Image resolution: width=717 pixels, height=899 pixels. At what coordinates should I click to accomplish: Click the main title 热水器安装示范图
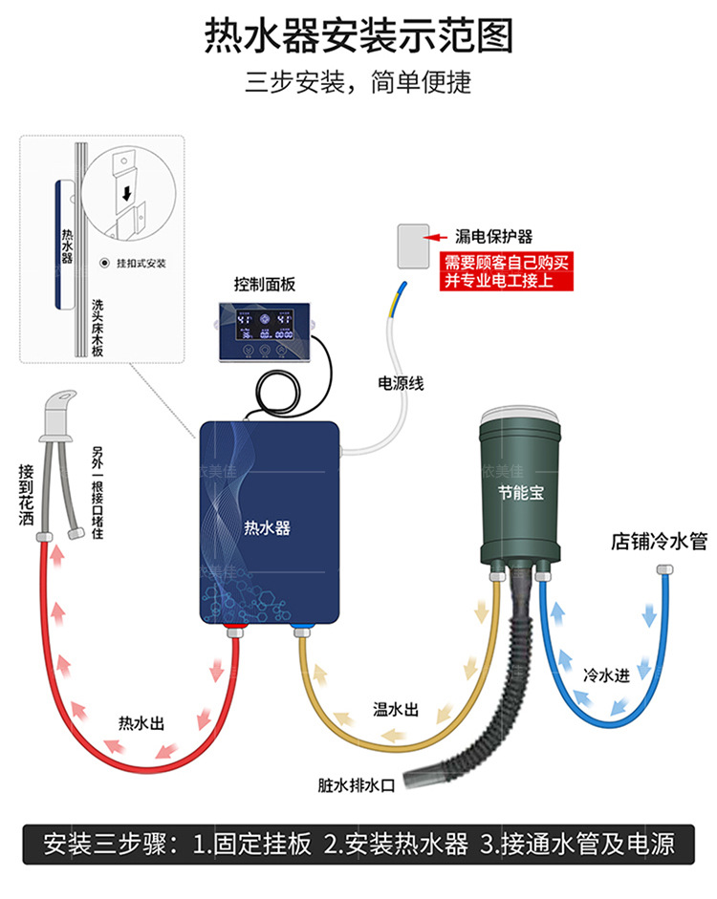[358, 35]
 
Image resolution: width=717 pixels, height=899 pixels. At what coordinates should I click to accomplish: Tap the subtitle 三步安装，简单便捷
[358, 81]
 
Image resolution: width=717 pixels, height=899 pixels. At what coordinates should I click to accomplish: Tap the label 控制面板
[265, 285]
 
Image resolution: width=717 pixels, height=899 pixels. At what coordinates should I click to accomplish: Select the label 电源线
[401, 384]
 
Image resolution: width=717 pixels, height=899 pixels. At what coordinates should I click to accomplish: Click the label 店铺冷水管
[659, 542]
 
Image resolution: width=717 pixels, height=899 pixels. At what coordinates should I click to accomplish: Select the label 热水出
[141, 722]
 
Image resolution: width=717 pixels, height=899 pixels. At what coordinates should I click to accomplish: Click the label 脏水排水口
[357, 785]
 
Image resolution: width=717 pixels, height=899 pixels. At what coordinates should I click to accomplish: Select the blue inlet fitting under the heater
[301, 630]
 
